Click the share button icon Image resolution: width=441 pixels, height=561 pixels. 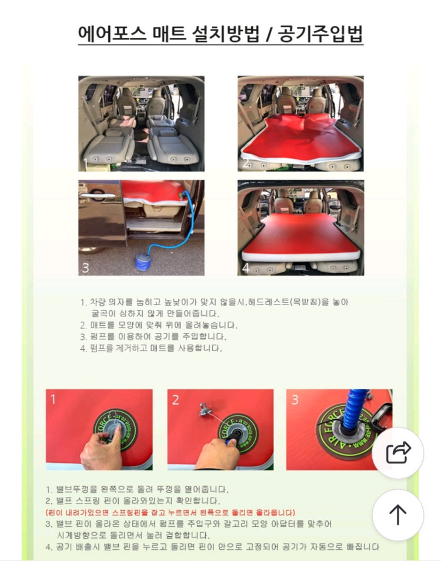(x=398, y=453)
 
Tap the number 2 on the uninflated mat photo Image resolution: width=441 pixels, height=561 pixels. (x=246, y=163)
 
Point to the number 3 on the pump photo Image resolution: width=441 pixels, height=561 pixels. (x=85, y=268)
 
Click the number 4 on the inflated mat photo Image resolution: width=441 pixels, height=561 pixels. (x=246, y=268)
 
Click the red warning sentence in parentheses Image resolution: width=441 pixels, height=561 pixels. (x=171, y=512)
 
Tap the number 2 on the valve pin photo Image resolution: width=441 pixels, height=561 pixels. (x=176, y=400)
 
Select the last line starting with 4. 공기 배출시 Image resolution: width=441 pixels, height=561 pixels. (x=212, y=547)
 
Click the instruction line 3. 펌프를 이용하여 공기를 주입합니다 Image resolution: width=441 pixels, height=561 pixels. (x=153, y=336)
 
